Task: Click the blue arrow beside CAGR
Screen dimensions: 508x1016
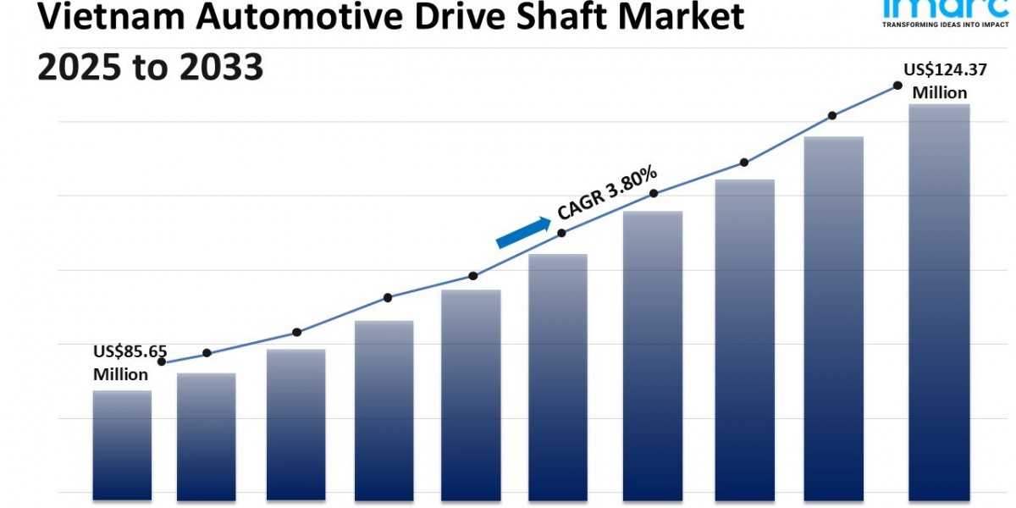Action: (x=522, y=232)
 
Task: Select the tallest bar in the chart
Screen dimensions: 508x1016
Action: (x=939, y=301)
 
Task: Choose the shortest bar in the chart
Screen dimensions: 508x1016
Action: (x=122, y=444)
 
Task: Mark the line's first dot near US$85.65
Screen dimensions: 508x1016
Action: (x=162, y=362)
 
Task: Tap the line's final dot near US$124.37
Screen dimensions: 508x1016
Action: (x=897, y=86)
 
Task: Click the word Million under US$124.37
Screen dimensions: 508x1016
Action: (x=939, y=92)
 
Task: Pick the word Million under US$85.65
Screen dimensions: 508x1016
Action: (x=121, y=374)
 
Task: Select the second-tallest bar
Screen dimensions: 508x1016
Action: (x=833, y=317)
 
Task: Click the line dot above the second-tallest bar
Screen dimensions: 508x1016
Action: (x=832, y=115)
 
